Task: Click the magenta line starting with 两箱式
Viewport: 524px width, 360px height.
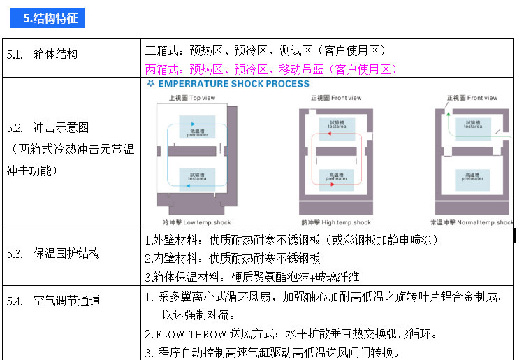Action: point(271,69)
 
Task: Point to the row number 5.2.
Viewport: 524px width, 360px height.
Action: point(15,128)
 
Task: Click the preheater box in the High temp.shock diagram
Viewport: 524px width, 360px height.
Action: point(336,176)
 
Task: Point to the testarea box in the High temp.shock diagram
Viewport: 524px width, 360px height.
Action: point(336,124)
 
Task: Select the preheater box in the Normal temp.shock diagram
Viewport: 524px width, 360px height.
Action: point(472,176)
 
